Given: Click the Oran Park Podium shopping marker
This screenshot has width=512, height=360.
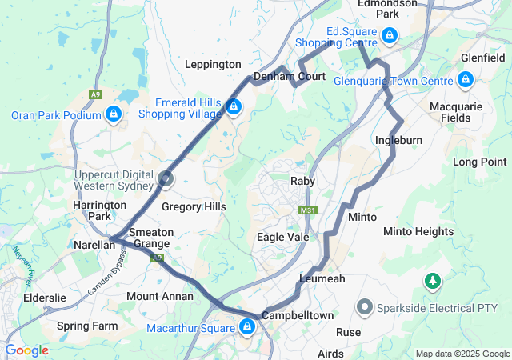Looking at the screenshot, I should pyautogui.click(x=114, y=114).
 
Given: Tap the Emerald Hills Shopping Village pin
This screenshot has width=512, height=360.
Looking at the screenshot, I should pyautogui.click(x=233, y=106).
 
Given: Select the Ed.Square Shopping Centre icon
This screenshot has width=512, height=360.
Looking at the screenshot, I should pyautogui.click(x=389, y=35).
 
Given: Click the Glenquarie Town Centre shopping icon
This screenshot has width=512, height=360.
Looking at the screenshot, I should pyautogui.click(x=466, y=79).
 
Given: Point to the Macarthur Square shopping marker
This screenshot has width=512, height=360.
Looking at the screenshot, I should pyautogui.click(x=247, y=326).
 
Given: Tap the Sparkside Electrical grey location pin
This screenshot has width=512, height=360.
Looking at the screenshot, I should pyautogui.click(x=364, y=306).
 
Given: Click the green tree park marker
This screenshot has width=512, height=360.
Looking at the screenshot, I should pyautogui.click(x=433, y=281).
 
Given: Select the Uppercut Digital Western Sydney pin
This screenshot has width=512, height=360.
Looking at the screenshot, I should pyautogui.click(x=166, y=180).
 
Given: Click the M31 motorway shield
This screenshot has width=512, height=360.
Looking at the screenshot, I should pyautogui.click(x=306, y=210).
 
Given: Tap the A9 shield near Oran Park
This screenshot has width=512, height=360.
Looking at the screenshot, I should pyautogui.click(x=96, y=95).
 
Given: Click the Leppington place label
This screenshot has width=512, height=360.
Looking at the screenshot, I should pyautogui.click(x=212, y=64).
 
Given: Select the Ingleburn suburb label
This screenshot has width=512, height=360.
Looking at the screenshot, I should pyautogui.click(x=398, y=141).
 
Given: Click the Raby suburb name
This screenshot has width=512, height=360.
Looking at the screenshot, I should pyautogui.click(x=302, y=182).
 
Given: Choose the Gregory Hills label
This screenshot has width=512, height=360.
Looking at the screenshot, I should pyautogui.click(x=194, y=206).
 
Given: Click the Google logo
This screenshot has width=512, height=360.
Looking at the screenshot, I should pyautogui.click(x=26, y=350).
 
